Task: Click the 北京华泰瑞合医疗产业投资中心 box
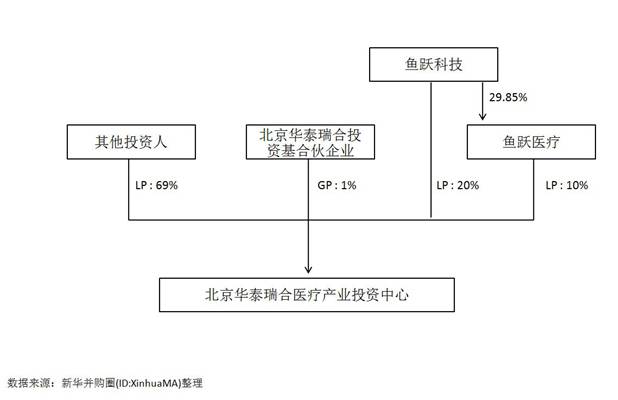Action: [x=309, y=295]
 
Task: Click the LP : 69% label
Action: [x=156, y=186]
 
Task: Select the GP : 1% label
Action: [x=335, y=186]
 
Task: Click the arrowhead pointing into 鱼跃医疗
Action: [x=483, y=117]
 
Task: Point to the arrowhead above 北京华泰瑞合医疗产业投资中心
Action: [x=309, y=267]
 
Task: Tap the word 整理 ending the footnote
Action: [x=192, y=383]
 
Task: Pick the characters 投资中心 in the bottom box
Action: [x=381, y=295]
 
